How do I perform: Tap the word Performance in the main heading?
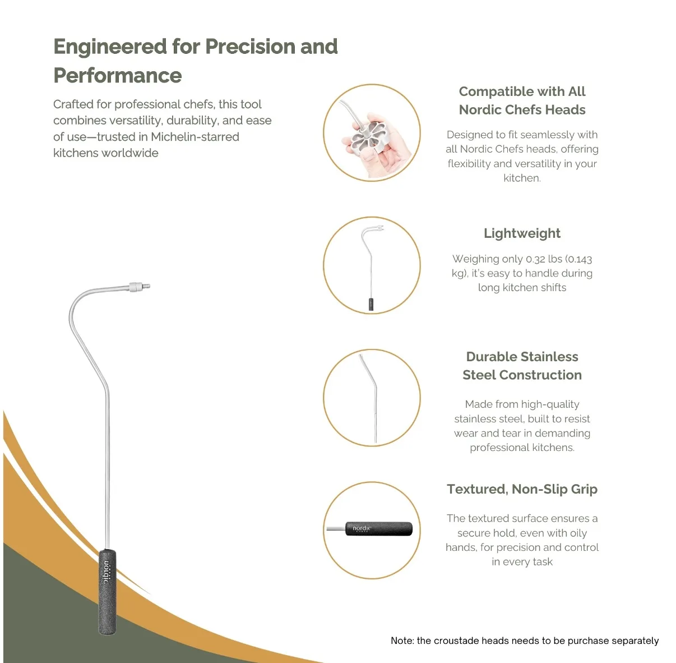pos(118,76)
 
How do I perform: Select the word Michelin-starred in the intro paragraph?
pos(195,137)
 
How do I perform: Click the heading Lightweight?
pos(522,234)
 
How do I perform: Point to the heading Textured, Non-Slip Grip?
pos(522,489)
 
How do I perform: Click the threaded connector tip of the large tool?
pos(140,287)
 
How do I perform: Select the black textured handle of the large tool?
pos(107,592)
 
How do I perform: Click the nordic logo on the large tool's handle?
pos(107,572)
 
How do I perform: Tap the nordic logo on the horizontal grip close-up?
pos(362,528)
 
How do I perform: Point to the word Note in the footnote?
pos(402,641)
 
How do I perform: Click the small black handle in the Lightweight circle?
pos(371,304)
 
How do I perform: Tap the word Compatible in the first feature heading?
pos(492,91)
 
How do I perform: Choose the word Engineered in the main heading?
pos(110,47)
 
